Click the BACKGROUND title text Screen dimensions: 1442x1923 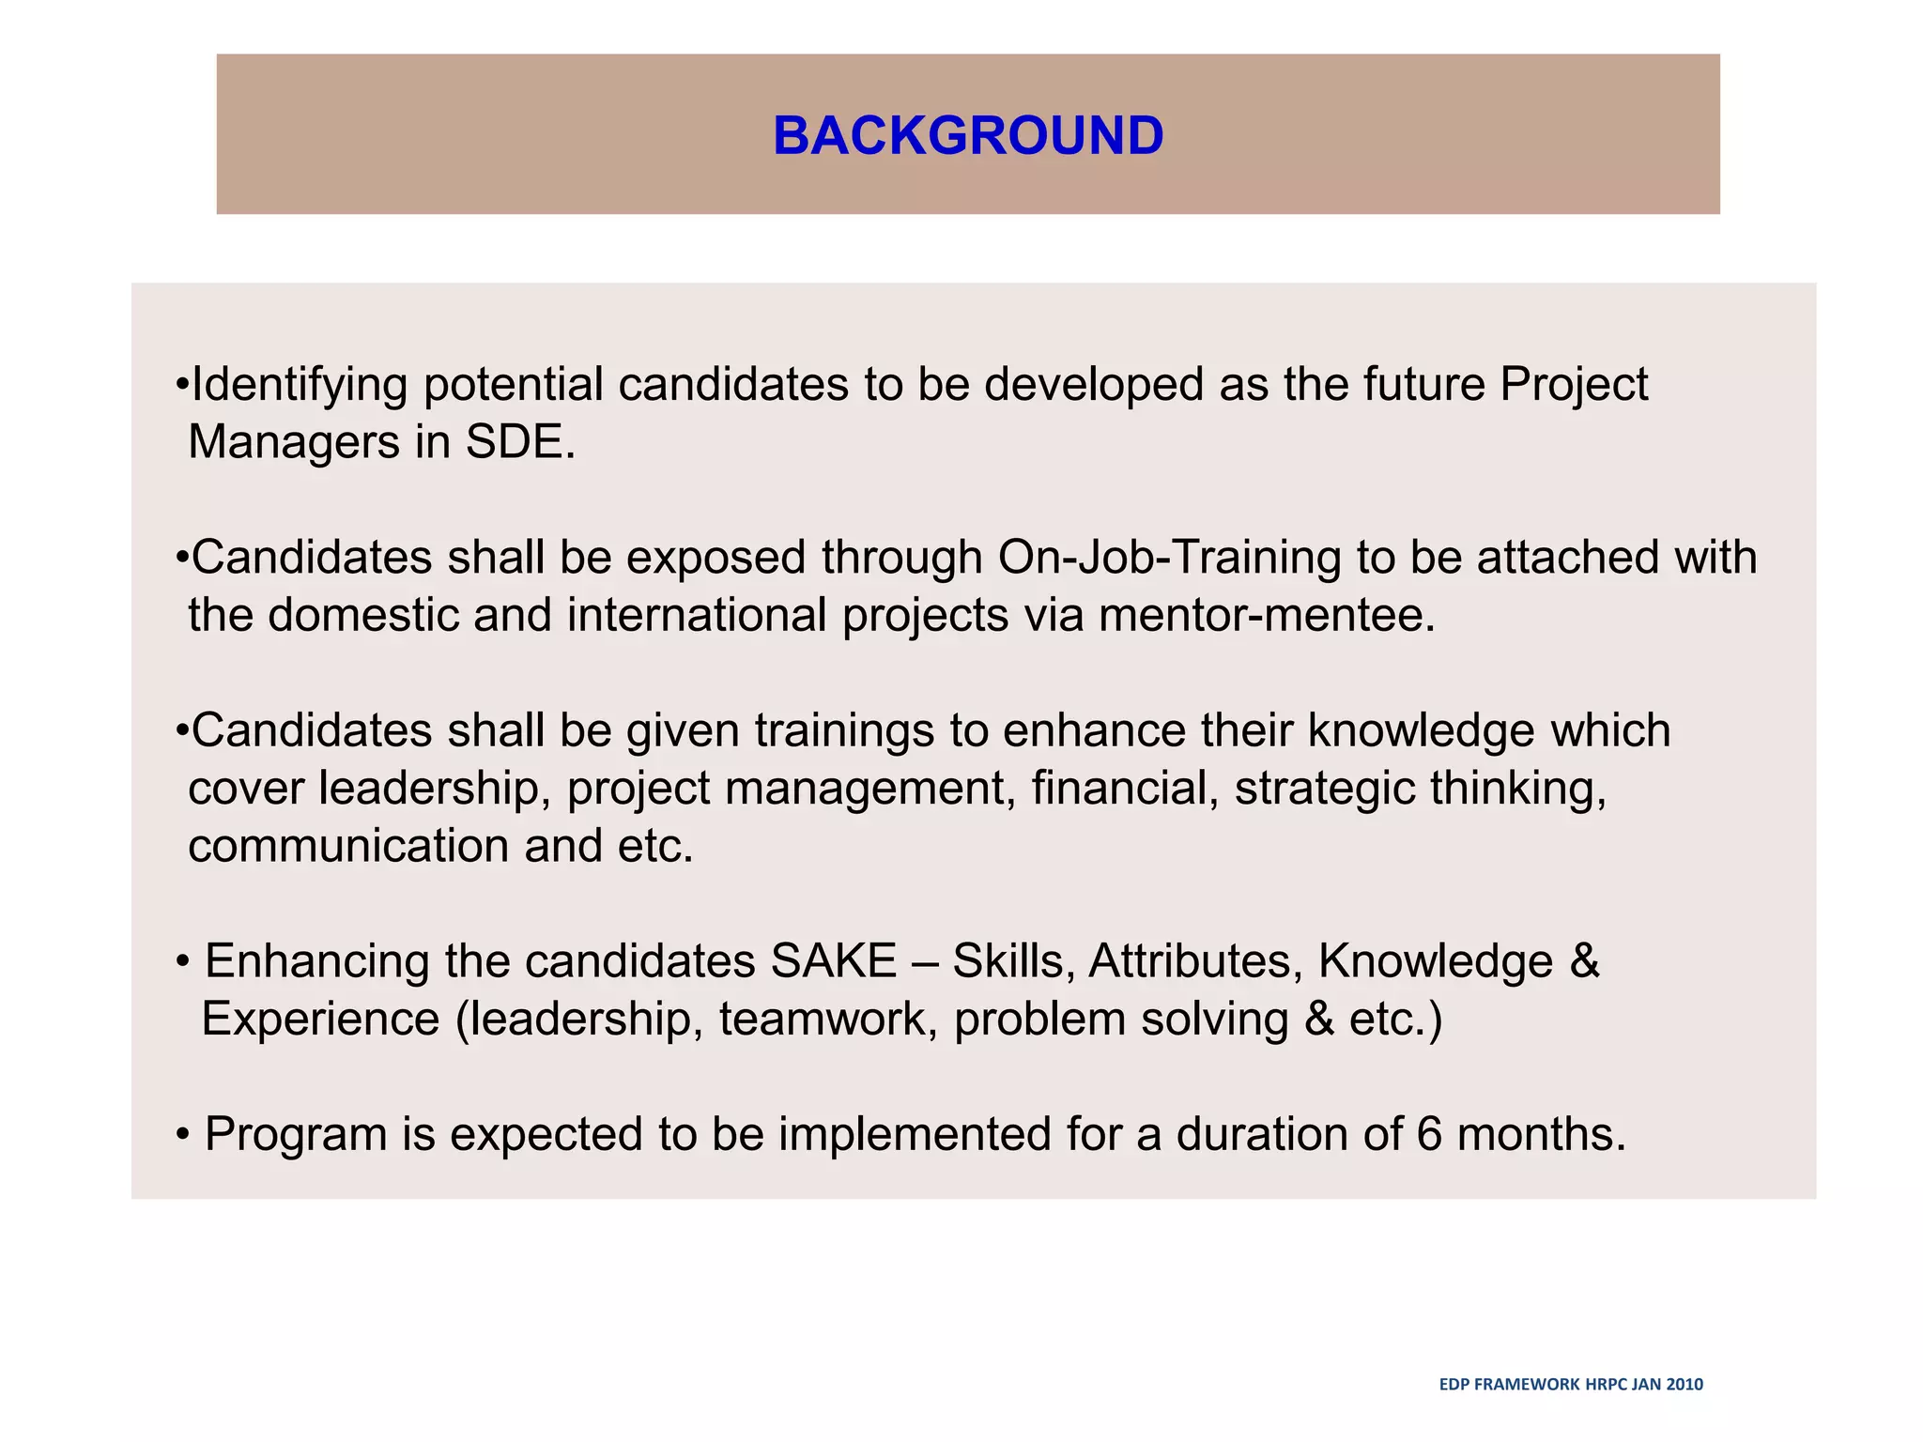[968, 135]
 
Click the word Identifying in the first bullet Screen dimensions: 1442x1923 [300, 385]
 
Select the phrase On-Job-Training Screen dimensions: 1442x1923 [1169, 558]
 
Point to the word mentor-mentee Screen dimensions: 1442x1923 [1267, 616]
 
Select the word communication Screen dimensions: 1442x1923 [348, 846]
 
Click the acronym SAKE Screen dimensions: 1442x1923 [833, 961]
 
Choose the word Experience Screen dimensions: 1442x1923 [320, 1020]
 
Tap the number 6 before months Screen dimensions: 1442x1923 [1428, 1134]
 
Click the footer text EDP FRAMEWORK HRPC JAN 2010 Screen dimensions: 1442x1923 [1571, 1384]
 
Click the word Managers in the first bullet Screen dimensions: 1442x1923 [294, 442]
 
